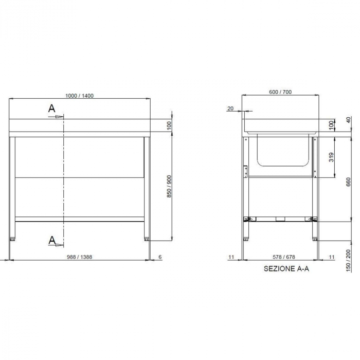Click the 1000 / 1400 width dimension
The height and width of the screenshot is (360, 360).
pyautogui.click(x=80, y=96)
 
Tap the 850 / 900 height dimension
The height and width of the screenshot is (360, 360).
pyautogui.click(x=169, y=186)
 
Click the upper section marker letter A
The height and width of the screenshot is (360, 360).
pyautogui.click(x=51, y=108)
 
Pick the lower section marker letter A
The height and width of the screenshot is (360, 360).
pyautogui.click(x=51, y=240)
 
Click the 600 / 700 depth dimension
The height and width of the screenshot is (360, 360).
pyautogui.click(x=280, y=92)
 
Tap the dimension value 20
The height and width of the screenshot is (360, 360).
pyautogui.click(x=230, y=108)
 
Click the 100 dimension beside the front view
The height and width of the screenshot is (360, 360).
pyautogui.click(x=169, y=126)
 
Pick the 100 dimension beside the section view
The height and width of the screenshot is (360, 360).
pyautogui.click(x=331, y=124)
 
